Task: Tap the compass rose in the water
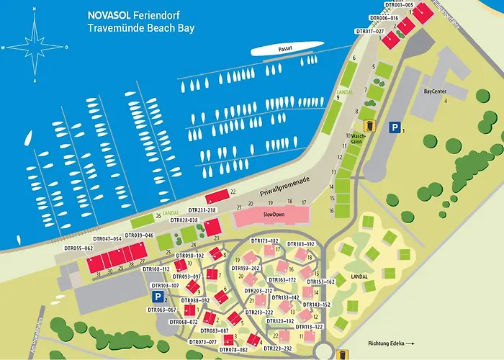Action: pos(35,47)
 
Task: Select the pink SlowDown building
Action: pos(271,215)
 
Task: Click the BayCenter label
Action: pos(435,91)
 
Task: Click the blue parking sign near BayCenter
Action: pos(394,127)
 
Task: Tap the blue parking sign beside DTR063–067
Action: pos(157,296)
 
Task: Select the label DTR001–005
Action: pos(399,5)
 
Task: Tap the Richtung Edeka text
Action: pos(387,343)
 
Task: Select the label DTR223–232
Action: pos(278,348)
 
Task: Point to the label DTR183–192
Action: pos(300,244)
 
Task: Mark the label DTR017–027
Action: pos(370,31)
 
